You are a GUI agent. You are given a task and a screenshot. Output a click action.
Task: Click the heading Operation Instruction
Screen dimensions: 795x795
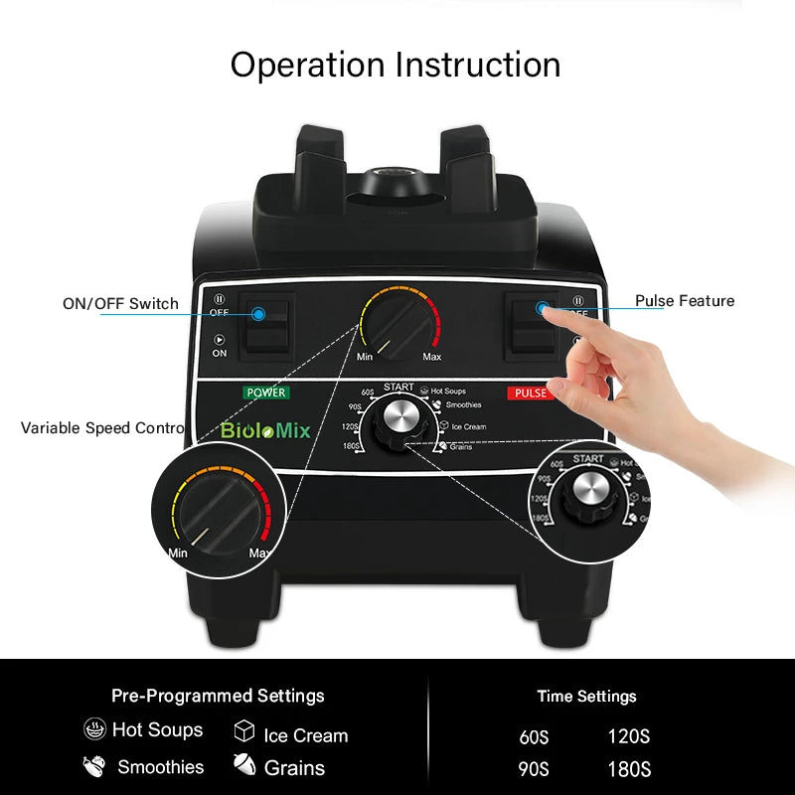pyautogui.click(x=396, y=65)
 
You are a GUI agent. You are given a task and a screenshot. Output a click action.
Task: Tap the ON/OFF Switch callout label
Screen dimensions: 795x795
pyautogui.click(x=120, y=304)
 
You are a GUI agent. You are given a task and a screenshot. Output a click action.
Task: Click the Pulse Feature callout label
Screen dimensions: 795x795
pyautogui.click(x=685, y=301)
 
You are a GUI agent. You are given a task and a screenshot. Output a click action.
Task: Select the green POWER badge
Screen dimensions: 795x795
pyautogui.click(x=265, y=393)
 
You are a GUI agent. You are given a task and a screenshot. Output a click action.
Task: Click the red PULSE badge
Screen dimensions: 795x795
pyautogui.click(x=531, y=393)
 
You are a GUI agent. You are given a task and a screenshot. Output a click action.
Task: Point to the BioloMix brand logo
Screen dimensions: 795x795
pyautogui.click(x=265, y=431)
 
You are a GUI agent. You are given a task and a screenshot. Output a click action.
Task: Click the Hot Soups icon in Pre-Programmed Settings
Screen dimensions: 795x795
pyautogui.click(x=95, y=729)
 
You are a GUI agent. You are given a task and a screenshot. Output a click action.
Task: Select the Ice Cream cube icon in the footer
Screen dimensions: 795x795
pyautogui.click(x=244, y=732)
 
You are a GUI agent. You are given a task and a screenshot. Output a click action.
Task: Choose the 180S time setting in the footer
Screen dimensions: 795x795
pyautogui.click(x=629, y=769)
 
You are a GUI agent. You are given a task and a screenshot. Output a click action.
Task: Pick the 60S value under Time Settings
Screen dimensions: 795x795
pyautogui.click(x=534, y=737)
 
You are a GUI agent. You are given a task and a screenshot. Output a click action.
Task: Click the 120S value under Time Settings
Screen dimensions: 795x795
pyautogui.click(x=629, y=737)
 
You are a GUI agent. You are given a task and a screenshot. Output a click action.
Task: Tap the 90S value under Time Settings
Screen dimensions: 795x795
pyautogui.click(x=534, y=769)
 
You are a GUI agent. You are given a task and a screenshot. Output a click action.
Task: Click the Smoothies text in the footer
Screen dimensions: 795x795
pyautogui.click(x=160, y=767)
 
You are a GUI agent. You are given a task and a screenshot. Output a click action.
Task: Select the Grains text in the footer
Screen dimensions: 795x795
pyautogui.click(x=294, y=768)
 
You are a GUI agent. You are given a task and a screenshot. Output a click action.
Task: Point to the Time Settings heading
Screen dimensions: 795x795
pyautogui.click(x=586, y=697)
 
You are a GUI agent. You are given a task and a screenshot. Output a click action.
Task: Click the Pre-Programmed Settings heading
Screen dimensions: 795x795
pyautogui.click(x=218, y=696)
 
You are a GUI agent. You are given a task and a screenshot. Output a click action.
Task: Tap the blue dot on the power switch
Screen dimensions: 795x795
pyautogui.click(x=258, y=314)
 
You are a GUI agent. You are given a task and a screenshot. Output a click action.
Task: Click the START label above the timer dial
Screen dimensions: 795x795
pyautogui.click(x=397, y=387)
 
